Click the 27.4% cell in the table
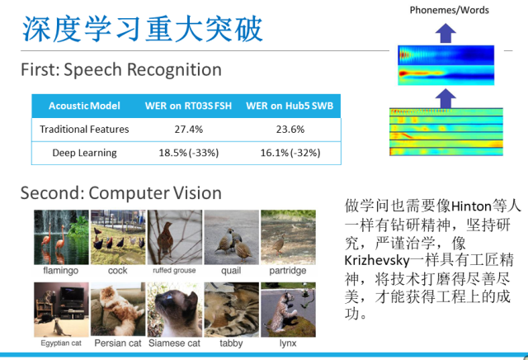click(x=189, y=130)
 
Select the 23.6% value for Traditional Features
click(x=290, y=130)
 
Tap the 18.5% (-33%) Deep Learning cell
click(x=189, y=153)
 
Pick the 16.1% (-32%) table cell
click(x=290, y=153)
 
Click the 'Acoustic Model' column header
click(x=84, y=106)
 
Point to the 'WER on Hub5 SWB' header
click(x=290, y=106)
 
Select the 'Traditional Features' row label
click(x=84, y=130)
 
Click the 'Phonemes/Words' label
click(x=449, y=10)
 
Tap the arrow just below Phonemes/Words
click(x=445, y=33)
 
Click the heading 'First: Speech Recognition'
click(x=121, y=70)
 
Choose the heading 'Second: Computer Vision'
click(x=121, y=193)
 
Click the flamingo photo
click(x=61, y=237)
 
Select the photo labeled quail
click(x=232, y=237)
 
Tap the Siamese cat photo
click(x=175, y=310)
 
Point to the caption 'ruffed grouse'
click(x=174, y=270)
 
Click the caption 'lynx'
click(x=288, y=343)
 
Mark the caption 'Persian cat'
click(x=118, y=343)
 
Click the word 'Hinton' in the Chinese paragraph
click(x=471, y=206)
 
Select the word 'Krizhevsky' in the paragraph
click(x=377, y=261)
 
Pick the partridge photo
click(x=288, y=237)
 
